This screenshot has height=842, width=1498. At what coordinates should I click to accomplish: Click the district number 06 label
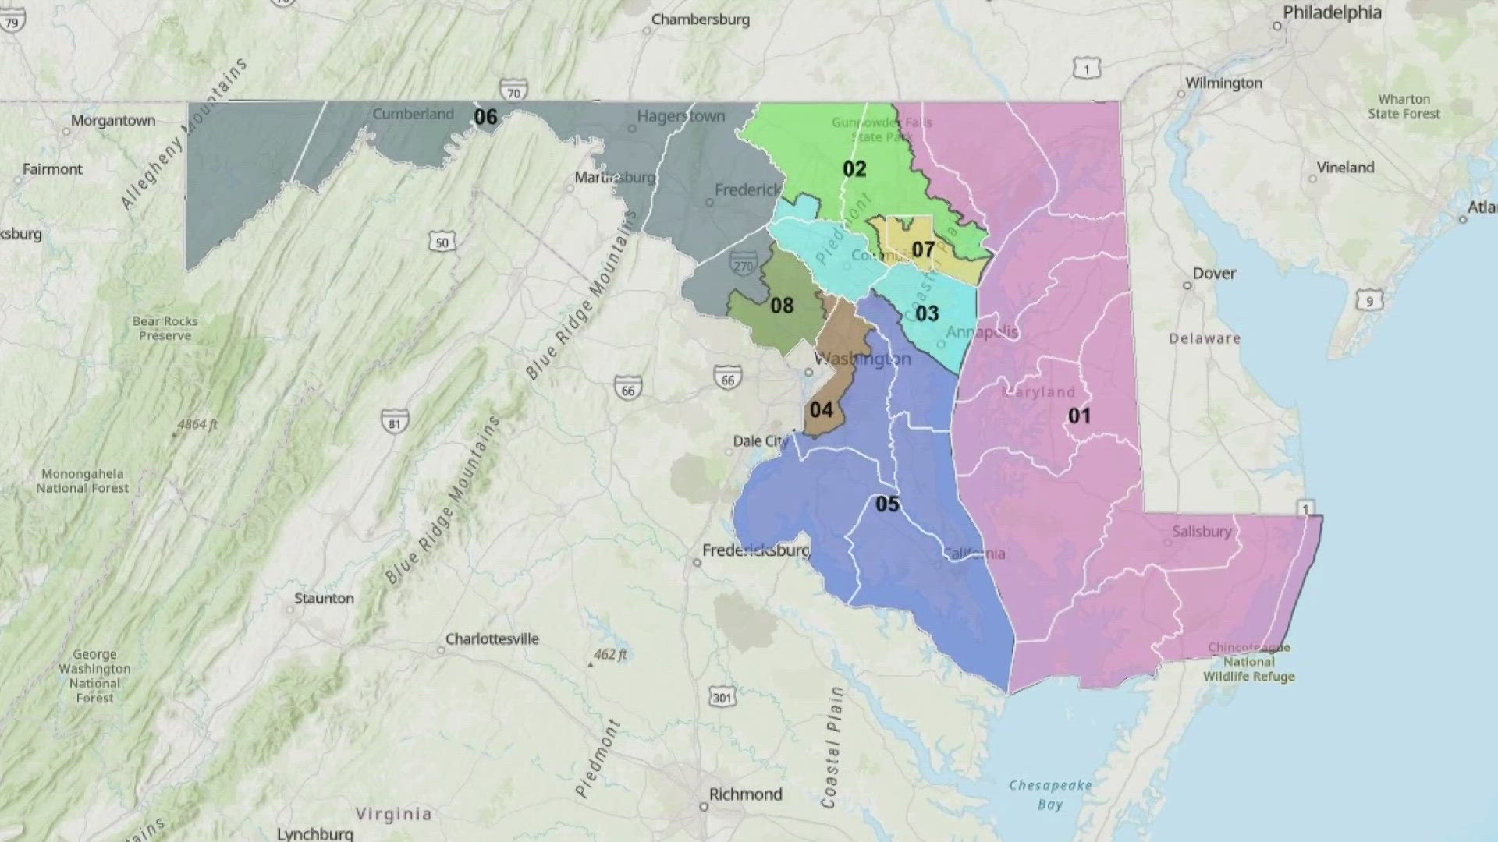coord(485,117)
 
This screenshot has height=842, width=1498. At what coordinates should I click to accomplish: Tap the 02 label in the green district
coord(854,169)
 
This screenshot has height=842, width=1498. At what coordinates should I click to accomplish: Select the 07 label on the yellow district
coord(923,249)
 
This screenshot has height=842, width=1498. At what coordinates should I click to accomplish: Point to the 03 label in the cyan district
coord(927,313)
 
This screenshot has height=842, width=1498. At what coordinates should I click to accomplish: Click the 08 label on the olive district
coord(782,306)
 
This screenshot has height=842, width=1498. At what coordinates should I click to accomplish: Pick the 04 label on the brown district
coord(821,410)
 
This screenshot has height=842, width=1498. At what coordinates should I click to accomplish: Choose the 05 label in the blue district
coord(887,504)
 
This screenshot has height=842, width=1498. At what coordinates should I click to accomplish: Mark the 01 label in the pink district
coord(1079,416)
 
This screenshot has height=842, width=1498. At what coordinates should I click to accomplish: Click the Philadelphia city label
coord(1332,12)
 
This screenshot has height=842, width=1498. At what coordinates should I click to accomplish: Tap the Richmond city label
coord(745,794)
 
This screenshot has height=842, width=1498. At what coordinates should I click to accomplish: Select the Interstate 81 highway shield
coord(395,423)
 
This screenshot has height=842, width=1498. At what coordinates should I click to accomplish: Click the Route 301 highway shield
coord(722,697)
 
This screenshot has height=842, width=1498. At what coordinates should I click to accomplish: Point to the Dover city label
coord(1214,274)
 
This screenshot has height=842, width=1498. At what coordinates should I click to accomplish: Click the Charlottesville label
coord(492,639)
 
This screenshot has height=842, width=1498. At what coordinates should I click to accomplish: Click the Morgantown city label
coord(113,121)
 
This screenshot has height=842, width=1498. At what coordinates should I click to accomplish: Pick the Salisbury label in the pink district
coord(1202,532)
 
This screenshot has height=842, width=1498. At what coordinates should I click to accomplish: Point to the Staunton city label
coord(324,599)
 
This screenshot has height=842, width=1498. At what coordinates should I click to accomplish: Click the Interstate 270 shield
coord(743,265)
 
